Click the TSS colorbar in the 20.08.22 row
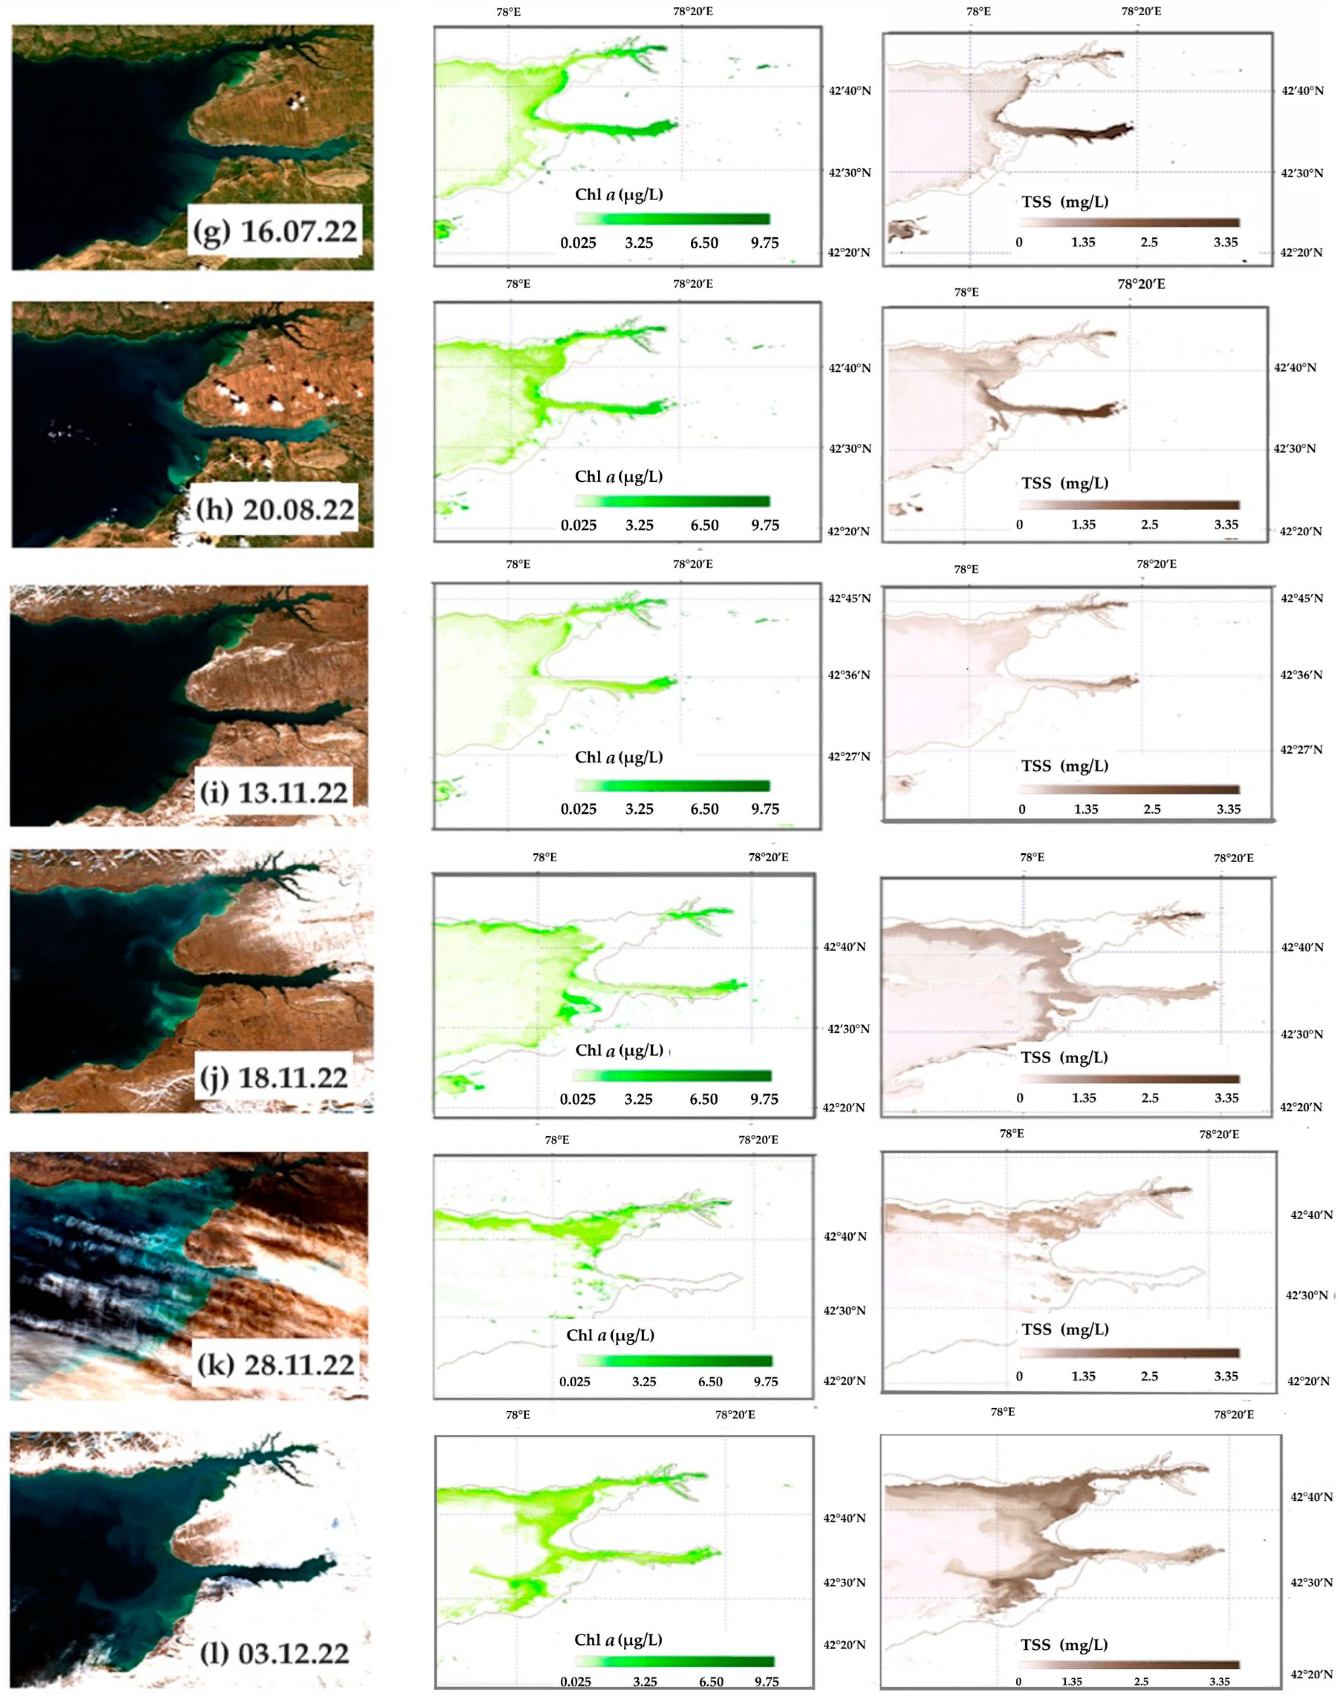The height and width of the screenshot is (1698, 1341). pos(1129,505)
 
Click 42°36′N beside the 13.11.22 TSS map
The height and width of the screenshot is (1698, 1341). pos(1302,675)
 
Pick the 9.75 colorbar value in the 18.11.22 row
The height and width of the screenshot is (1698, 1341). pos(764,1099)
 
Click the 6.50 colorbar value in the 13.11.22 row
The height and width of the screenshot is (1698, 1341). pos(704,809)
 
